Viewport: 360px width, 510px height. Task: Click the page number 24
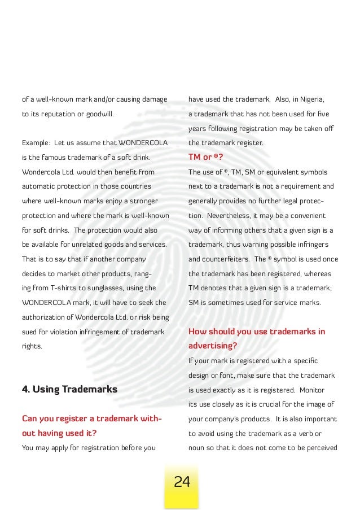coord(182,482)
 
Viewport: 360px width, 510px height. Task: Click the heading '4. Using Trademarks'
coord(69,389)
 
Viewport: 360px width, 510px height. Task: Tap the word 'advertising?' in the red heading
coord(212,345)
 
